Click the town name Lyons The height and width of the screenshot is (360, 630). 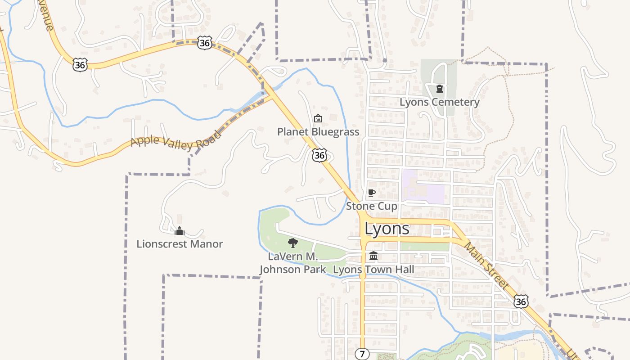coord(387,229)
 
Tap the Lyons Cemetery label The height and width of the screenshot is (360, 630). coord(439,102)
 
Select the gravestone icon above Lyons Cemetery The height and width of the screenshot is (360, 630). coord(440,89)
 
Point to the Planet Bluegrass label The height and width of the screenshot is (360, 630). coord(318,132)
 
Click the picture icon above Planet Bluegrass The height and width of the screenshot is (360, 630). coord(318,118)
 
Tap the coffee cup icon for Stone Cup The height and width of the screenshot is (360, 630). coord(371,193)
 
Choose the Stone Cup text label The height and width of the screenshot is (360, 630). coord(372,207)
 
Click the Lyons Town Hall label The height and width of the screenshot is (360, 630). coord(373,270)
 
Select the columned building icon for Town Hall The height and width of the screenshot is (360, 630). coord(373,256)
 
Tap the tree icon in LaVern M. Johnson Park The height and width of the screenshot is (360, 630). coord(293,243)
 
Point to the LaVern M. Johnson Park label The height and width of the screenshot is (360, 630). coord(293,263)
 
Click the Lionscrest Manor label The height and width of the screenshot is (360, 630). coord(180,244)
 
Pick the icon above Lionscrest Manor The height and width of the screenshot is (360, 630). coord(180,231)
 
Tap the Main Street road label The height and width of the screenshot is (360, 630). coord(486,265)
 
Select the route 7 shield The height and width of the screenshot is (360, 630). coord(362,354)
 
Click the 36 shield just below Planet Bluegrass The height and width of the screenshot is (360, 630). coord(319,156)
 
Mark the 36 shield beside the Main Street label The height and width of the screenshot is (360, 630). coord(521,301)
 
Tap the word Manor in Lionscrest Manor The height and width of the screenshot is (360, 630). coord(207,244)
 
